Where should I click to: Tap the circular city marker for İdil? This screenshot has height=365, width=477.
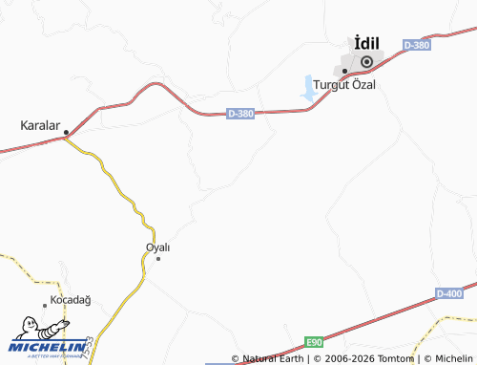(364, 62)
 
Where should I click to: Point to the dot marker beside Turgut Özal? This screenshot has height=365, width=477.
(344, 72)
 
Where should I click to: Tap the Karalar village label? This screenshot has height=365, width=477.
(41, 125)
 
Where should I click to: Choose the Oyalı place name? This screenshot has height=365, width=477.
(157, 247)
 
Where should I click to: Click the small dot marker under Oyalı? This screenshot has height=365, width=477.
(158, 259)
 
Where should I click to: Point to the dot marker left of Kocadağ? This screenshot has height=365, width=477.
(45, 306)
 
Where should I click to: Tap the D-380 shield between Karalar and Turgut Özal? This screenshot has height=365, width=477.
(241, 114)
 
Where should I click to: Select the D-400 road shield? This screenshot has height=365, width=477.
(449, 293)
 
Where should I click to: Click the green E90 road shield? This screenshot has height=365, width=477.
(314, 341)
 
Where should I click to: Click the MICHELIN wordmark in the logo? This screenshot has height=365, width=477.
(46, 347)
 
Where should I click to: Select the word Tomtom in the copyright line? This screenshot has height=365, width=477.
(400, 359)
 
